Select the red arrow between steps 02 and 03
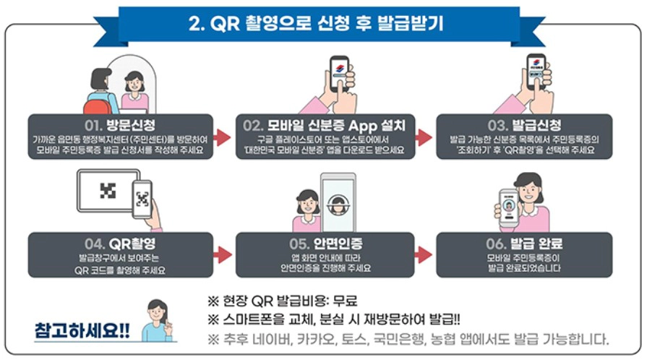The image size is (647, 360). click(x=424, y=137)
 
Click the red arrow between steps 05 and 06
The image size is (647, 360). click(x=424, y=254)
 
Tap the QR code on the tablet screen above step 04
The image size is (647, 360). click(x=108, y=190)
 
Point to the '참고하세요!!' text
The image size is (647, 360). click(x=82, y=330)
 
